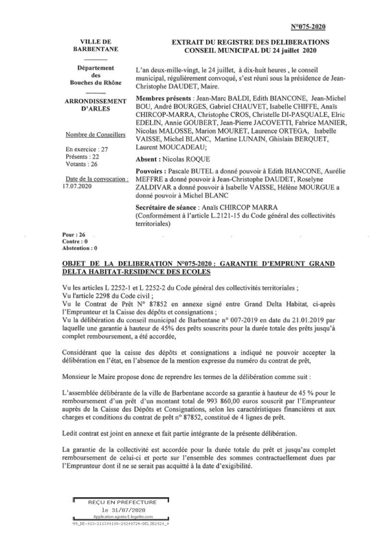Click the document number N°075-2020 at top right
pos(308,26)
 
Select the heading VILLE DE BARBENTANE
pos(96,46)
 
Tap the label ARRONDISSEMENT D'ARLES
pos(96,105)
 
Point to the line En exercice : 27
pos(87,149)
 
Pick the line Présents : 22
pos(83,157)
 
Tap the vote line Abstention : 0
pos(80,248)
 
